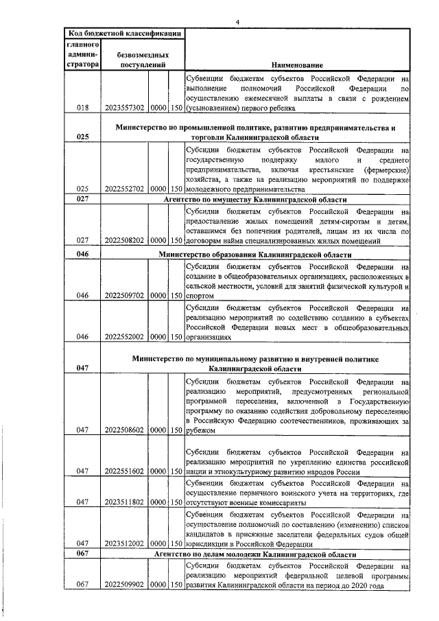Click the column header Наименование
click(x=298, y=65)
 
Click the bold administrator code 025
click(x=83, y=137)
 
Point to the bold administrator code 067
click(x=83, y=553)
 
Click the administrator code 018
click(x=83, y=108)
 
